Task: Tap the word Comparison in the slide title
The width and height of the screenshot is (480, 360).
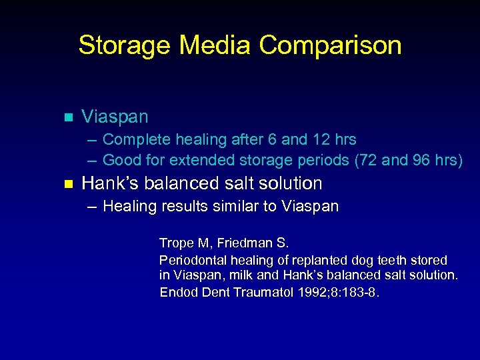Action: click(331, 45)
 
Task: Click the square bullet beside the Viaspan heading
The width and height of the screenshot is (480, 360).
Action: click(67, 117)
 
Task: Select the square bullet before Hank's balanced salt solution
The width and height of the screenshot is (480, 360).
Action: click(67, 184)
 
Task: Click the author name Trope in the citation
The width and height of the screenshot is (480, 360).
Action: click(176, 243)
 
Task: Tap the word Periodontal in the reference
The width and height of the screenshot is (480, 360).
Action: click(191, 259)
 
